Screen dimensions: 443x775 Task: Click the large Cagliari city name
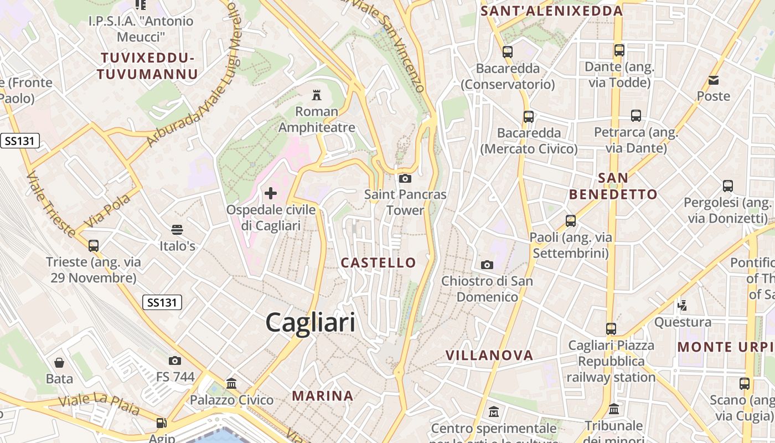click(x=310, y=322)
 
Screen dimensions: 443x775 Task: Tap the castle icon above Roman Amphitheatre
click(x=317, y=95)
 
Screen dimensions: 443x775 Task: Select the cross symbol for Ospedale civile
click(x=271, y=193)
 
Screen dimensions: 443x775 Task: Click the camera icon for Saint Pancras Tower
click(x=405, y=178)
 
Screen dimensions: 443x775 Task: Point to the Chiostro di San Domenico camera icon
click(x=487, y=265)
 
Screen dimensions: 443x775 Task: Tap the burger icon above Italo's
click(x=177, y=229)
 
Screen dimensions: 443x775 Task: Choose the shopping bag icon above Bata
click(x=59, y=363)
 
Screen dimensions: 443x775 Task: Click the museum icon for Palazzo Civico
click(x=231, y=383)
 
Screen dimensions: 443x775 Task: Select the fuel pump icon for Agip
click(x=161, y=423)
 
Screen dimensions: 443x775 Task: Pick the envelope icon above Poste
click(x=714, y=80)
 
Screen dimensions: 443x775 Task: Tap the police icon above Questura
click(x=683, y=305)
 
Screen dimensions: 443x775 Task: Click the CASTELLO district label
click(x=379, y=262)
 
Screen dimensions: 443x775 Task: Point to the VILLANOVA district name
click(x=489, y=355)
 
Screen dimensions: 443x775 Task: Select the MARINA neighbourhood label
click(x=323, y=395)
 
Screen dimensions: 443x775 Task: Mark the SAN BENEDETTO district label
click(x=613, y=186)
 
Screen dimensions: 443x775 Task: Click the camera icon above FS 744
click(x=175, y=361)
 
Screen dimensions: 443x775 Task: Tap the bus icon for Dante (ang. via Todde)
click(x=619, y=50)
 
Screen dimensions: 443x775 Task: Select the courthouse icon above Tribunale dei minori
click(x=614, y=409)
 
